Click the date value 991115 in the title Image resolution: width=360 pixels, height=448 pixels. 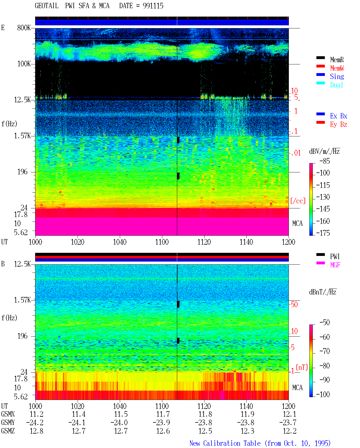pos(153,6)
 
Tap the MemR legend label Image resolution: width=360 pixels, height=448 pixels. pos(337,60)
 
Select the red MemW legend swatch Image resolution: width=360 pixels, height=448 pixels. pos(320,66)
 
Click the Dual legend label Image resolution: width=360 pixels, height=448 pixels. pos(337,85)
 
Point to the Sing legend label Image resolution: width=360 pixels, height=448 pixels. pos(337,76)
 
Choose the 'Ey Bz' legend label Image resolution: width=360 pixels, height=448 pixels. pos(339,125)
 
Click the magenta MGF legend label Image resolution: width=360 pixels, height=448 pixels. pos(335,265)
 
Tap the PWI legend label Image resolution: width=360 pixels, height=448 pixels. pos(335,256)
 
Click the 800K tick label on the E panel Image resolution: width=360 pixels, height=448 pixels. pos(24,28)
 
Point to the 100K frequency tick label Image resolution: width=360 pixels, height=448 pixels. pos(24,64)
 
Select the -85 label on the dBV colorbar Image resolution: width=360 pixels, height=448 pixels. pos(325,161)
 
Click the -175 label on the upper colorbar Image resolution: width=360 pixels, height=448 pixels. pos(323,233)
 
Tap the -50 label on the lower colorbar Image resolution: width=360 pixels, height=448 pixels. pos(325,322)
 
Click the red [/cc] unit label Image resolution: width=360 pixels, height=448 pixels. pos(298,201)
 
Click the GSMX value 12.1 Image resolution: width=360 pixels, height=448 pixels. pos(289,414)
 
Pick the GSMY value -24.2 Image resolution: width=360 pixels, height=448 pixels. pos(35,422)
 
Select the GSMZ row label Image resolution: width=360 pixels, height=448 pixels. pos(8,431)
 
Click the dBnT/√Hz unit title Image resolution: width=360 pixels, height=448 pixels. pos(323,292)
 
